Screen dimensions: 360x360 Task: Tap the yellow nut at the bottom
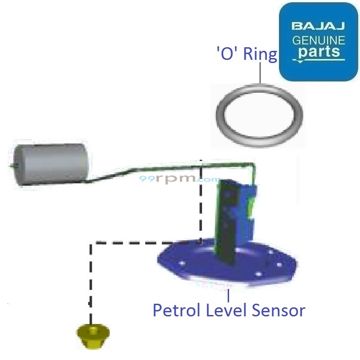pyautogui.click(x=94, y=337)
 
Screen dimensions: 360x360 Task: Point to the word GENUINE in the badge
pyautogui.click(x=319, y=40)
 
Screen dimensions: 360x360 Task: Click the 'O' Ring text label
pyautogui.click(x=246, y=54)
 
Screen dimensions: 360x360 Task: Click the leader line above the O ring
pyautogui.click(x=261, y=72)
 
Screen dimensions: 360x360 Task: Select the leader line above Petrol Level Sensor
pyautogui.click(x=229, y=295)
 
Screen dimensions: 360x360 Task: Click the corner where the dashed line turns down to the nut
pyautogui.click(x=92, y=243)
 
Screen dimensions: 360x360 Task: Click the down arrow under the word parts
pyautogui.click(x=299, y=61)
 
